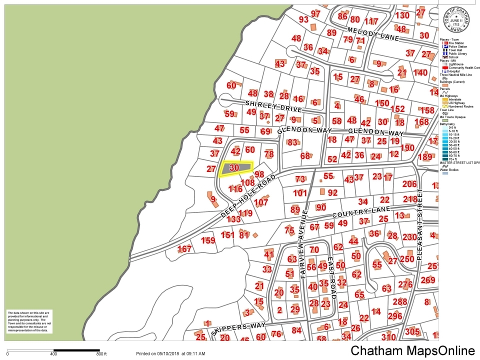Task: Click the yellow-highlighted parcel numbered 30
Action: click(x=235, y=168)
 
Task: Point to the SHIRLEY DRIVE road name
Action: click(x=273, y=106)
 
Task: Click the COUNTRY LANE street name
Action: click(x=354, y=214)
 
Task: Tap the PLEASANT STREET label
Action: click(x=419, y=224)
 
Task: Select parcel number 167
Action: click(x=184, y=249)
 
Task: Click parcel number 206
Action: click(x=409, y=184)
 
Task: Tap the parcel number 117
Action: click(x=371, y=21)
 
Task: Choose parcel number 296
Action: click(x=394, y=316)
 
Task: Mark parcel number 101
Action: click(x=299, y=193)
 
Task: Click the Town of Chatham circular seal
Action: click(x=455, y=19)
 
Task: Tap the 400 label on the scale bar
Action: click(x=53, y=354)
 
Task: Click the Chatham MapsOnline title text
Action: click(x=412, y=350)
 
